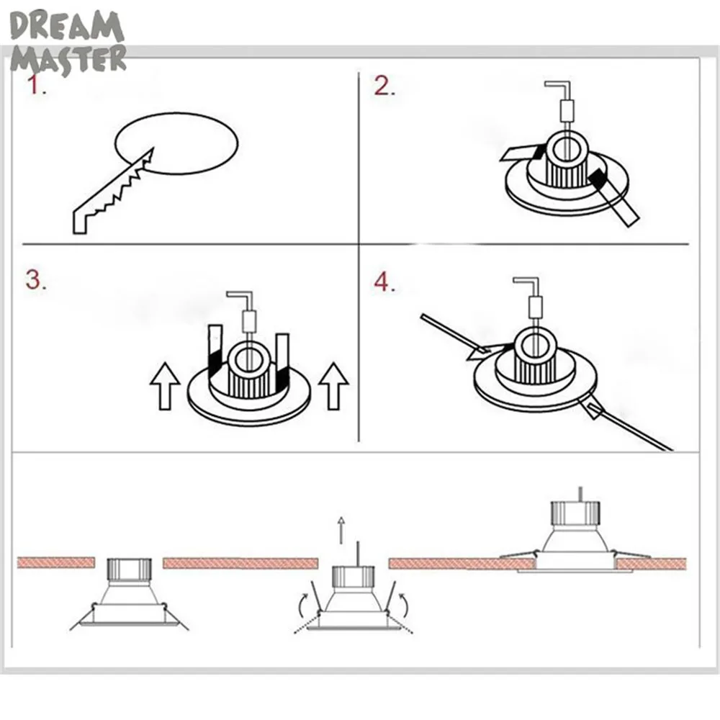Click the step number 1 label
point(36,86)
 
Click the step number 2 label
point(384,86)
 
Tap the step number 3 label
point(36,280)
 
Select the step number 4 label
point(384,282)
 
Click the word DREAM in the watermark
point(67,27)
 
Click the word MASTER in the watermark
point(68,60)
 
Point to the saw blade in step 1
point(113,192)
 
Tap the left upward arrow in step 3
point(165,386)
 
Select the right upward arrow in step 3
point(333,386)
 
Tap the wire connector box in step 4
point(536,307)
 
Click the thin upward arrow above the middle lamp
point(341,530)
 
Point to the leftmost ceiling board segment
point(56,562)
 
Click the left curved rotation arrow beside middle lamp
point(304,605)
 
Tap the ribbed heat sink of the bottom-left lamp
point(129,570)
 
